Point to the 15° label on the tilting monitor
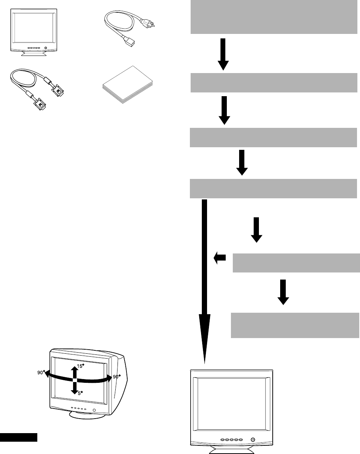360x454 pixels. (x=80, y=366)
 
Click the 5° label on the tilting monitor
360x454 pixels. (x=79, y=392)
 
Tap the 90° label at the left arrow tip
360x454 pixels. (x=41, y=372)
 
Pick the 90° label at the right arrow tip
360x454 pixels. (x=116, y=376)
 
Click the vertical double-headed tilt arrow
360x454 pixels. (x=75, y=379)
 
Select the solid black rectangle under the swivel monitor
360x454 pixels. (x=19, y=437)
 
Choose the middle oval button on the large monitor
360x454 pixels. (x=231, y=440)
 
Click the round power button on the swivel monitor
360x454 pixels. (x=94, y=410)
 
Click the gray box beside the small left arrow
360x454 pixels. (x=296, y=263)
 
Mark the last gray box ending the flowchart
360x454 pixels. (x=295, y=325)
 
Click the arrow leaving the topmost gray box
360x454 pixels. (x=223, y=54)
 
